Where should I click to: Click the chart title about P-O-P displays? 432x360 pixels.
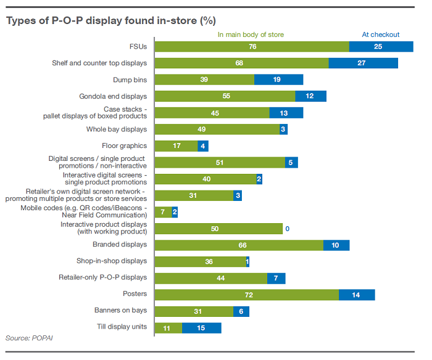(111, 21)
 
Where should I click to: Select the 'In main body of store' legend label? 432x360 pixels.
(251, 35)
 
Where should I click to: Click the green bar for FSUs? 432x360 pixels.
(251, 46)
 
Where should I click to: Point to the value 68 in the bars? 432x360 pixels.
(239, 63)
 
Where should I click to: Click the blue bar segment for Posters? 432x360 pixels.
(357, 295)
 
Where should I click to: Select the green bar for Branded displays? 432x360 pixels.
(238, 245)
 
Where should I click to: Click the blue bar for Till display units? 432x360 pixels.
(201, 327)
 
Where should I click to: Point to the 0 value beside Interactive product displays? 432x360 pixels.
(287, 229)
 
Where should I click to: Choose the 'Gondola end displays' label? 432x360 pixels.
(113, 96)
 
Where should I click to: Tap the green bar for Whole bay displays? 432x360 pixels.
(217, 129)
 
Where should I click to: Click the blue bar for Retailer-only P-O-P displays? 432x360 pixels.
(276, 278)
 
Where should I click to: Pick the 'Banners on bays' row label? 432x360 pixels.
(120, 310)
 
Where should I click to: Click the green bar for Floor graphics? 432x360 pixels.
(176, 146)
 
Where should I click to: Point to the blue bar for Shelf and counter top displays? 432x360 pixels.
(363, 63)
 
